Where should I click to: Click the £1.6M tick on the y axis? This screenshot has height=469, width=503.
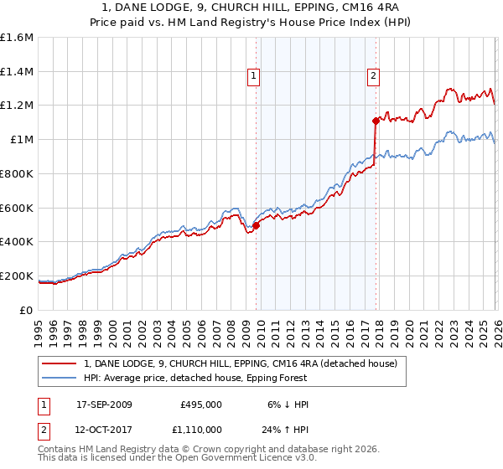[x=17, y=38]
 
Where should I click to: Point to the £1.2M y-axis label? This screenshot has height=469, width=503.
[x=17, y=106]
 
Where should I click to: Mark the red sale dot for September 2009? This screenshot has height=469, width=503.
[x=256, y=224]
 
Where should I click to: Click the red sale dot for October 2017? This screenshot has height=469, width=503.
[x=375, y=121]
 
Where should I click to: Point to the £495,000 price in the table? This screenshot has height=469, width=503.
[x=200, y=405]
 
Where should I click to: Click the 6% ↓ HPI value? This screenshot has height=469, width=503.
[x=286, y=405]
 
